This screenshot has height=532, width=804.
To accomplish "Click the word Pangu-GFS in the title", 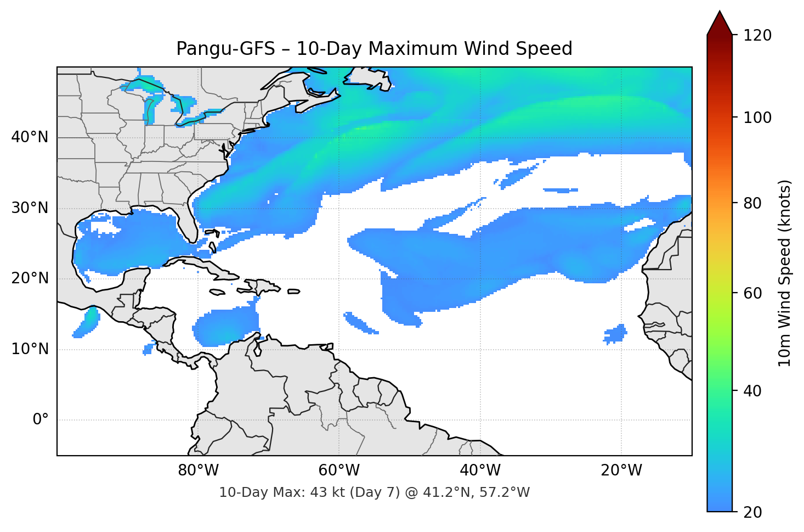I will pyautogui.click(x=225, y=49).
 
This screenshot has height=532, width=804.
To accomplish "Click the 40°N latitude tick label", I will pyautogui.click(x=30, y=137).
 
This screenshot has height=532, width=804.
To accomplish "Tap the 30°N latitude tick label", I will pyautogui.click(x=30, y=208).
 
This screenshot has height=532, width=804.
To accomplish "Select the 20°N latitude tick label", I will pyautogui.click(x=30, y=278).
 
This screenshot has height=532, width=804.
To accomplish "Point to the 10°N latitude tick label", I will pyautogui.click(x=30, y=349).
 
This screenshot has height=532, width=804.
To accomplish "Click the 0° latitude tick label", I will pyautogui.click(x=40, y=420).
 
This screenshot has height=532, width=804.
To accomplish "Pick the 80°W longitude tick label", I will pyautogui.click(x=198, y=471).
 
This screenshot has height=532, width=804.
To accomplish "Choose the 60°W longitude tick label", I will pyautogui.click(x=339, y=471).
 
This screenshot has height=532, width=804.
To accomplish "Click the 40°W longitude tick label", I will pyautogui.click(x=480, y=471).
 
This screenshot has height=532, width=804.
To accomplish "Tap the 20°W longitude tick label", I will pyautogui.click(x=621, y=471).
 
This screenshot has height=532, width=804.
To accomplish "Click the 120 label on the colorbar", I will pyautogui.click(x=757, y=36).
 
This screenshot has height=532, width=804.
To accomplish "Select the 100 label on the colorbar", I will pyautogui.click(x=757, y=117).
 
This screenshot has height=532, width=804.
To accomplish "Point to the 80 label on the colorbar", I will pyautogui.click(x=752, y=203).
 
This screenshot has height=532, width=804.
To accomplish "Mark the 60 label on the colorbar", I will pyautogui.click(x=752, y=293).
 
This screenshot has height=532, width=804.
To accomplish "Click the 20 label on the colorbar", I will pyautogui.click(x=752, y=512).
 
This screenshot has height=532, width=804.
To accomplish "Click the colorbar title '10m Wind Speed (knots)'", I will pyautogui.click(x=785, y=273).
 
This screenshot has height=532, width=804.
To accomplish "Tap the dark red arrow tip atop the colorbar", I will pyautogui.click(x=720, y=22).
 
